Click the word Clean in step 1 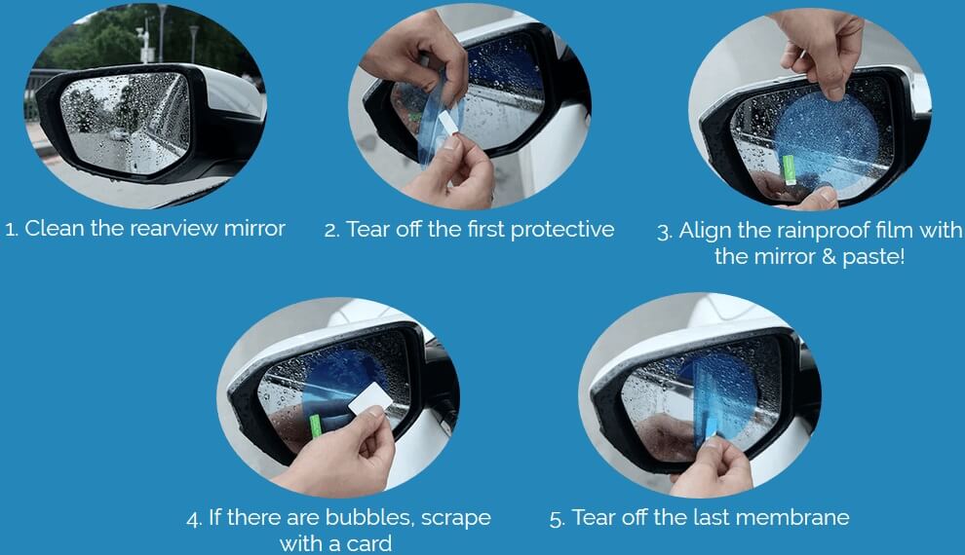pos(55,229)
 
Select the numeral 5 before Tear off pos(556,519)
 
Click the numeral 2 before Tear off pos(331,231)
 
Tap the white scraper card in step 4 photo pos(370,398)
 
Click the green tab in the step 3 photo pos(789,169)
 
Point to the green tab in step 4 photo pos(316,425)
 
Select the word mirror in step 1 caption pos(254,229)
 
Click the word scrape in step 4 pos(456,518)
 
